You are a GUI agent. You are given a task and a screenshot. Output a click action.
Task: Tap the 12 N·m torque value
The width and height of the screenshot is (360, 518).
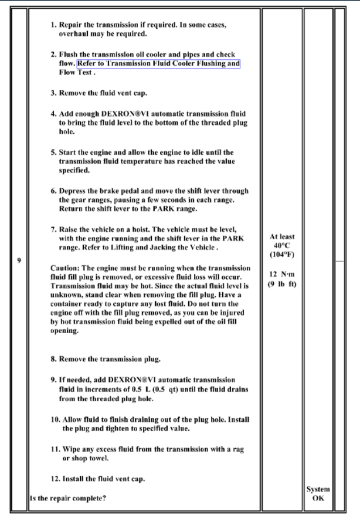[x=281, y=275]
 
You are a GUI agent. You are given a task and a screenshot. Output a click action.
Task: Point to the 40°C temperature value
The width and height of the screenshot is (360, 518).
[x=281, y=246]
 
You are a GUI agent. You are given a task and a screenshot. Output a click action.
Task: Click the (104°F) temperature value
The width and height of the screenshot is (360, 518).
[x=281, y=256]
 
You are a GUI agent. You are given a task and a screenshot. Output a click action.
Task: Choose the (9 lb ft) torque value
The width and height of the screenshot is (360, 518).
[x=281, y=285]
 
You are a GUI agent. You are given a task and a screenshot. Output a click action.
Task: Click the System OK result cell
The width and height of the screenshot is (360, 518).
[x=318, y=493]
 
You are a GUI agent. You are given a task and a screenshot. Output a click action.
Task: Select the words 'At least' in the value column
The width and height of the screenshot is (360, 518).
[x=281, y=236]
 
